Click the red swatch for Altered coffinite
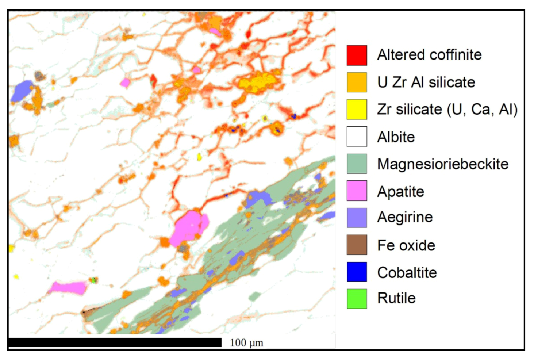[357, 55]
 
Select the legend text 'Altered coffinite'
[429, 55]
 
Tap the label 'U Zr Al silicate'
[426, 82]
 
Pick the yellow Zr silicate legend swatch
[357, 109]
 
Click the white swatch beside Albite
[357, 137]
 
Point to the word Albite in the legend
[396, 137]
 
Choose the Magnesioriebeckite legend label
[443, 164]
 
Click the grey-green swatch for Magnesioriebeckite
[357, 164]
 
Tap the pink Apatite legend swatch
[357, 191]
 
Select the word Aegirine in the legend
[405, 217]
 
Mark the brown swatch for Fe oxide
[357, 245]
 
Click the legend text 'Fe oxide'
[406, 245]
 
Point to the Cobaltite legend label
[407, 273]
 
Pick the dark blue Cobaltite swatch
[357, 272]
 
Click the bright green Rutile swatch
[357, 299]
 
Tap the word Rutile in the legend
[396, 298]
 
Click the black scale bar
[115, 342]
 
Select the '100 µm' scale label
[246, 343]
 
